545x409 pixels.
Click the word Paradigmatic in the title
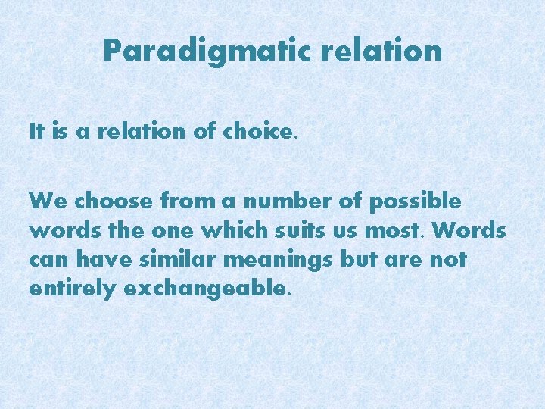207,52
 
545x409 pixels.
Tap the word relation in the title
381,52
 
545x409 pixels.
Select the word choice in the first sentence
257,132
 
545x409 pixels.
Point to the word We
44,201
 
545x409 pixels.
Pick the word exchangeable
204,289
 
